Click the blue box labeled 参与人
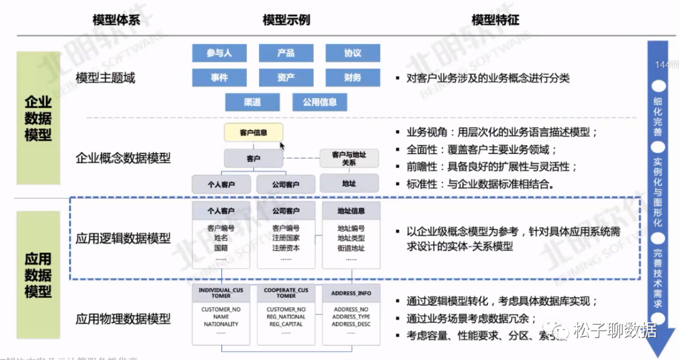[219, 53]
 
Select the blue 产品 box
[286, 53]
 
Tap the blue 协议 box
[353, 53]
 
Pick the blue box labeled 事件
[219, 78]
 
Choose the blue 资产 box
[286, 78]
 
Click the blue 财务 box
[353, 78]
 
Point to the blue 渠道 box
[252, 102]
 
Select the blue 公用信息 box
[319, 102]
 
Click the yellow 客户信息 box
[253, 133]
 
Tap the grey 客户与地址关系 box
[349, 158]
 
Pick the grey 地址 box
[349, 183]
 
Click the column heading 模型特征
[495, 20]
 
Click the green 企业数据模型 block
[38, 118]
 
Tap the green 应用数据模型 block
[38, 275]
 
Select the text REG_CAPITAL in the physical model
[286, 324]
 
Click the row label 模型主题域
[106, 79]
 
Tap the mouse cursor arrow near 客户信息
[282, 145]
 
